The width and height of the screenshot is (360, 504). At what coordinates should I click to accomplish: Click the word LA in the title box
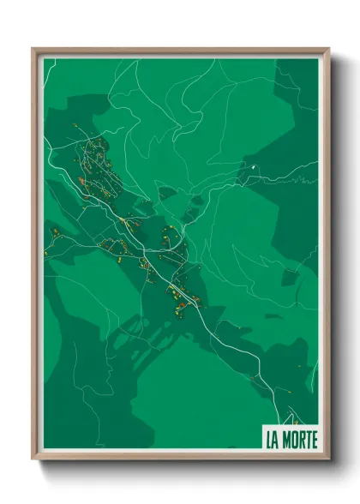pos(273,441)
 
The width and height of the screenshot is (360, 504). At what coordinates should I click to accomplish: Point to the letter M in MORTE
pos(286,441)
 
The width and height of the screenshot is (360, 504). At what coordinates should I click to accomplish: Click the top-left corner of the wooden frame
pos(33,49)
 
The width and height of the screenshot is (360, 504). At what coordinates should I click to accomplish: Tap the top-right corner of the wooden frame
pos(327,49)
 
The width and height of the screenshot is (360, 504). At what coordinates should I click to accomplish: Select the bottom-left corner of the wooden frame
pos(33,459)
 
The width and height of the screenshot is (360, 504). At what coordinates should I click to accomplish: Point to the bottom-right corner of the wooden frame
pos(327,459)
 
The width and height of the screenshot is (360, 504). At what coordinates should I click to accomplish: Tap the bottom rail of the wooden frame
pos(180,458)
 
